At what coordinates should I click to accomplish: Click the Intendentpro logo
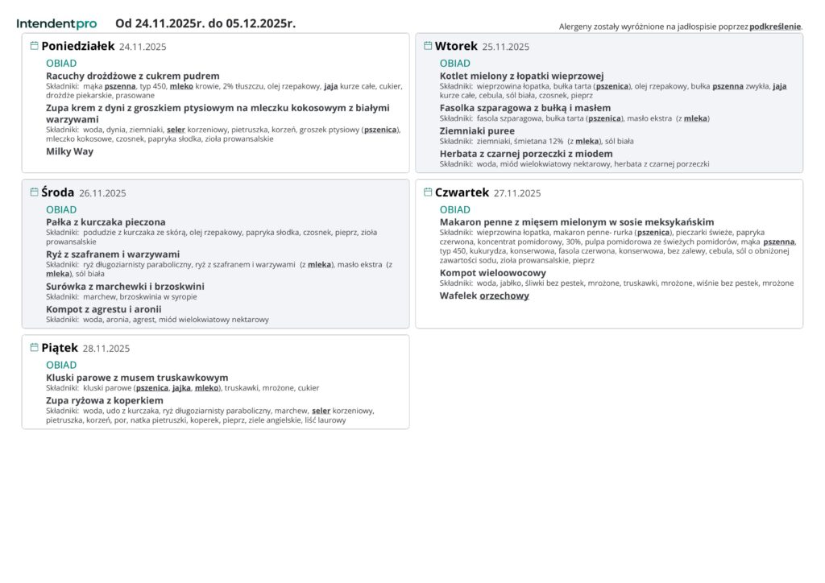pos(56,23)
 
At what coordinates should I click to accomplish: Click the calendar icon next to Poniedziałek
pos(34,46)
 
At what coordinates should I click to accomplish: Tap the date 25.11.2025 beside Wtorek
pos(506,47)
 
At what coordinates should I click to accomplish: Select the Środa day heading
pos(57,192)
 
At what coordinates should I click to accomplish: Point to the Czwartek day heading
pos(462,192)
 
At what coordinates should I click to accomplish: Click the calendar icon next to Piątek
pos(34,348)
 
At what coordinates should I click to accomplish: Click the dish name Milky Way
pos(69,151)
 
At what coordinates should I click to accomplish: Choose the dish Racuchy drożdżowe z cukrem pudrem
pos(133,76)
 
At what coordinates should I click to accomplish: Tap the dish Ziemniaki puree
pos(477,130)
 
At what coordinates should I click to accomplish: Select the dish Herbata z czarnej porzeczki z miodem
pos(526,154)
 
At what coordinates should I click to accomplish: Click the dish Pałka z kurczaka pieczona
pos(106,222)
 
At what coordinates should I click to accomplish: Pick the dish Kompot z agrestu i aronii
pos(104,309)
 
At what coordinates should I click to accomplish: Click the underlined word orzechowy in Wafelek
pos(504,296)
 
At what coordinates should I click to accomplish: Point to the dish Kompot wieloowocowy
pos(492,273)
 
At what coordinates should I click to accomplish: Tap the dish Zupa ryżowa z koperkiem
pos(105,400)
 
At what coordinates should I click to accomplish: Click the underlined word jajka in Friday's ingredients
pos(181,387)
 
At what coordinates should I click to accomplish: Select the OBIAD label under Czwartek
pos(455,209)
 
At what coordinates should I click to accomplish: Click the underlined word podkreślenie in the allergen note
pos(775,27)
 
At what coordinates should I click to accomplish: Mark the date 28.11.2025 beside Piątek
pos(106,349)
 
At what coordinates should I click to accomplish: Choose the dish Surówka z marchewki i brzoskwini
pos(125,286)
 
